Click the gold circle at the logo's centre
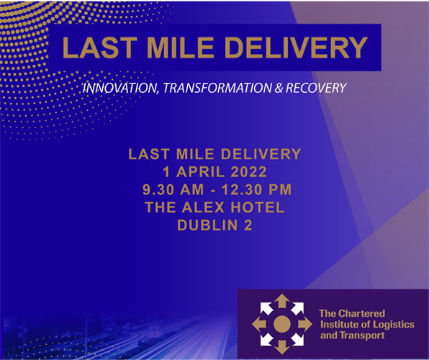coord(282,325)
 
